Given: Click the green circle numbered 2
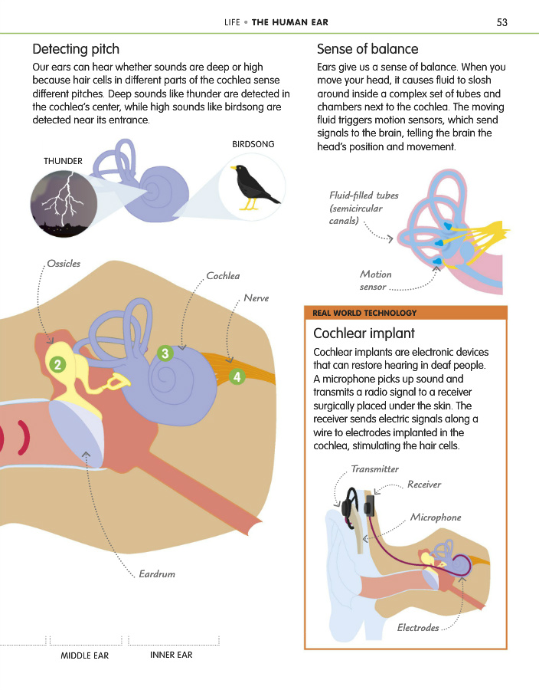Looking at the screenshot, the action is coord(57,364).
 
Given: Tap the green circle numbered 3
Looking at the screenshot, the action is coord(165,353).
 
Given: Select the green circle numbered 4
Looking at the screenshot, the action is coord(237,376).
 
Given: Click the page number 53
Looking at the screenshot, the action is coord(501,22).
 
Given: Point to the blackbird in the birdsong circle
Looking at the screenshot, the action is coord(254,186).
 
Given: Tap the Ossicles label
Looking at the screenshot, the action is coord(64,263).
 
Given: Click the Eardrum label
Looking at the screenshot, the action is coord(157,573).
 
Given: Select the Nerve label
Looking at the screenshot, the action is coord(256,298).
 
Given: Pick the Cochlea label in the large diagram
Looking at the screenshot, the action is coord(223,275).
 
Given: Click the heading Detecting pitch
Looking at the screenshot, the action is coord(76,49).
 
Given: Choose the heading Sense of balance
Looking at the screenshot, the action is coord(367,49).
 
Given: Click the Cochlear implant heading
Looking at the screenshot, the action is coord(364,333).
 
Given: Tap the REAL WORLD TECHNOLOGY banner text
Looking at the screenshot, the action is coord(364,313).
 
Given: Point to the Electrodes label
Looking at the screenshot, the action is coord(418,627).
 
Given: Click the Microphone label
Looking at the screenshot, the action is coord(436,517).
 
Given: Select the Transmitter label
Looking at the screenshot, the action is coord(374,469).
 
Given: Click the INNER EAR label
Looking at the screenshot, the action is coord(171,655).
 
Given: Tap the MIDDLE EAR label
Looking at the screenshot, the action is coord(85,655).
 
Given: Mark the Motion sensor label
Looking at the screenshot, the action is coord(376,281).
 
